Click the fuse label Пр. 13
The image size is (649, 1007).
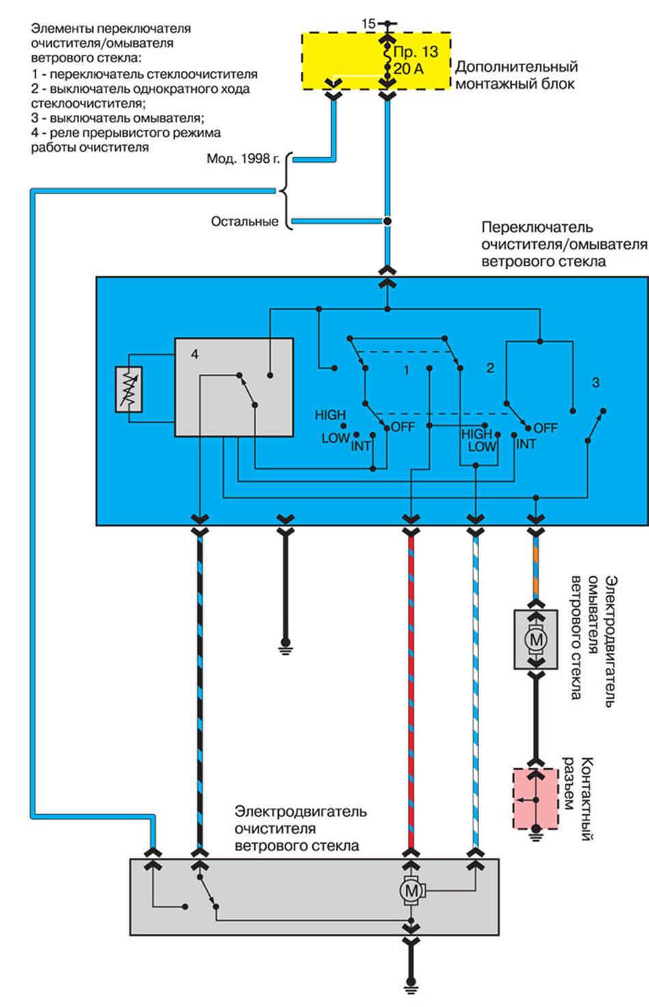(x=415, y=52)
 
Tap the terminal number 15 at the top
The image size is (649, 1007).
(x=368, y=24)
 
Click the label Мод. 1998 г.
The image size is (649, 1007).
(x=243, y=159)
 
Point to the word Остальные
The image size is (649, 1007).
(x=245, y=221)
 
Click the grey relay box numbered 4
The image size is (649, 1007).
(x=234, y=387)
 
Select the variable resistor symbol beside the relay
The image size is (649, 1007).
(x=129, y=390)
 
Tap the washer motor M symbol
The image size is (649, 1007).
(x=536, y=640)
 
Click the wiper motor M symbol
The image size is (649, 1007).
(x=411, y=890)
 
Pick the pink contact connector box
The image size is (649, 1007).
(x=536, y=798)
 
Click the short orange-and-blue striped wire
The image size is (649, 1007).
(x=536, y=565)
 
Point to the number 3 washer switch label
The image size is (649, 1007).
(x=595, y=383)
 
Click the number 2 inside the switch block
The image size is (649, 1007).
(x=490, y=368)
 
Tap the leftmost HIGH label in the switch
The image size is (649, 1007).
(x=330, y=415)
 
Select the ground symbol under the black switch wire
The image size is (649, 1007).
(x=286, y=646)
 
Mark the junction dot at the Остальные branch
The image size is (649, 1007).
(x=387, y=221)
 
